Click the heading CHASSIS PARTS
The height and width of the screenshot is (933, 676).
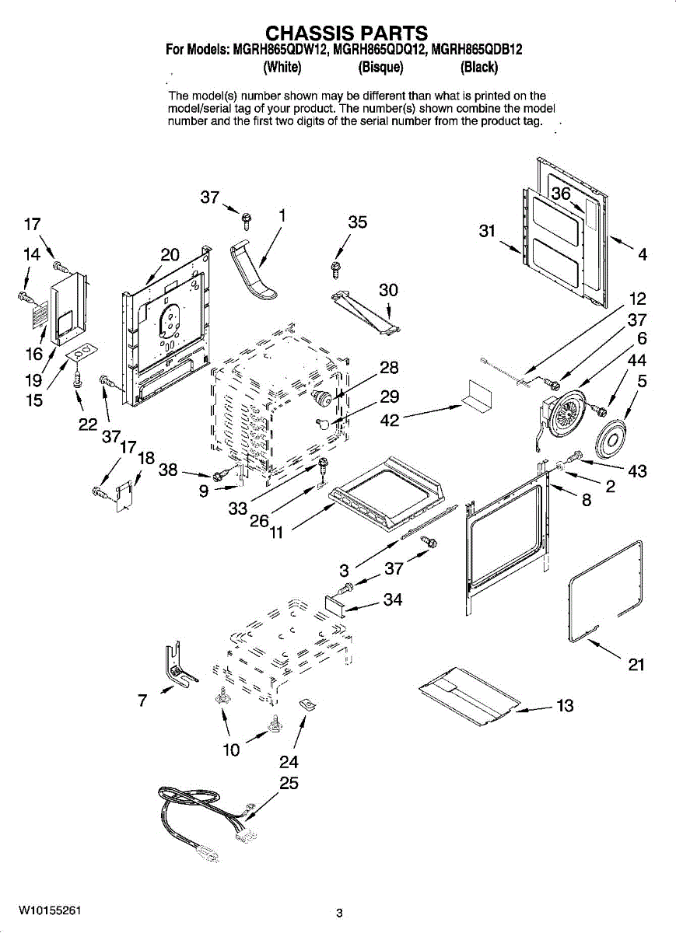click(x=346, y=33)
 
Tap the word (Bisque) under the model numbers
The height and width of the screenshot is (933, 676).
click(x=381, y=67)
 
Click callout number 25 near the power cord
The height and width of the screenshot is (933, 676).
click(x=289, y=783)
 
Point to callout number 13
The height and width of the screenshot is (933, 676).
click(x=565, y=705)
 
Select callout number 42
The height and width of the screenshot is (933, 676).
click(x=390, y=420)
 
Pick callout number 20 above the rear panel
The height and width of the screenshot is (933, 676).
click(x=170, y=254)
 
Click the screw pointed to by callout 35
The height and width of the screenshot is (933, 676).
click(x=335, y=270)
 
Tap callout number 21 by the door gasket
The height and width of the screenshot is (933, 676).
click(x=636, y=664)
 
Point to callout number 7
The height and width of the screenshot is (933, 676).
click(x=142, y=701)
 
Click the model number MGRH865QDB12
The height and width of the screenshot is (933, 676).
click(x=477, y=50)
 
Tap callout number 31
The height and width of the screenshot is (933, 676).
click(x=487, y=230)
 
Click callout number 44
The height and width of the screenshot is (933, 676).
click(x=636, y=360)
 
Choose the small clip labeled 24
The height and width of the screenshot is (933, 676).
click(x=307, y=704)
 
